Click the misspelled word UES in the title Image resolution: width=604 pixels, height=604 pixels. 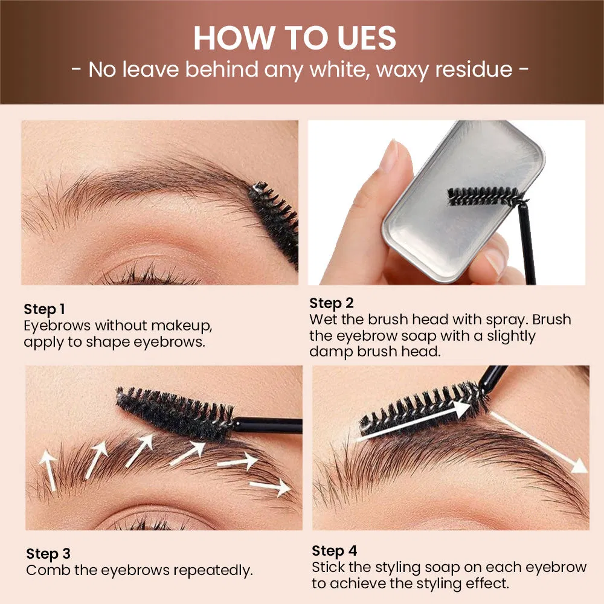(x=367, y=38)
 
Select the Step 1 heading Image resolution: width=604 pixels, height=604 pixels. (x=44, y=309)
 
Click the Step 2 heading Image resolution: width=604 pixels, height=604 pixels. (x=331, y=304)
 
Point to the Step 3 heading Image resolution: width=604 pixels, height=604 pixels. (x=48, y=554)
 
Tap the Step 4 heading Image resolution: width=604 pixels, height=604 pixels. (x=335, y=551)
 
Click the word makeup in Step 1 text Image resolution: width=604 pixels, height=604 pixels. (x=181, y=326)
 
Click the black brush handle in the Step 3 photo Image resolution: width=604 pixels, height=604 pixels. (x=268, y=425)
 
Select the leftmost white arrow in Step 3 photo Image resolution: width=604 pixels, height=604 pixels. (x=48, y=470)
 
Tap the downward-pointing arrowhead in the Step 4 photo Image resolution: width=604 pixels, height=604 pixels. (x=579, y=466)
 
